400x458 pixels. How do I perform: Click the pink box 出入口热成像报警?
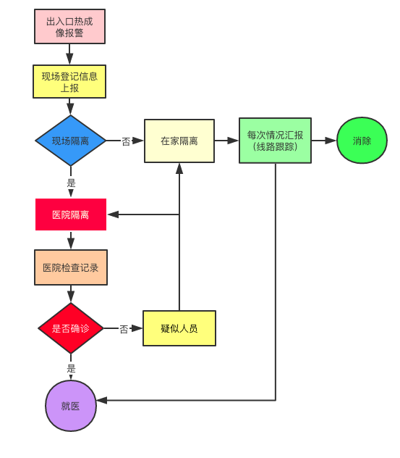69,27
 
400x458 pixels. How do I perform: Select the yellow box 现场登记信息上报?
69,82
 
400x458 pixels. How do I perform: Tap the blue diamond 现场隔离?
71,141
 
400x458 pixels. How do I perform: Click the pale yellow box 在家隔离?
179,141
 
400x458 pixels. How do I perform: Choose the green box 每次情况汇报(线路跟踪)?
275,141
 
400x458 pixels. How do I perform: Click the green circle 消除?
362,141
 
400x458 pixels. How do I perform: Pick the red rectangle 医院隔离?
71,215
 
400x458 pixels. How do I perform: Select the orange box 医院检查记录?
71,267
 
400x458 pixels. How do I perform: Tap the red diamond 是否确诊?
71,328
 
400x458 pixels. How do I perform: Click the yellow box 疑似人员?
179,328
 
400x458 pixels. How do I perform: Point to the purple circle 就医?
71,406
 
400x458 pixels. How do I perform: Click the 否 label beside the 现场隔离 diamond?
126,141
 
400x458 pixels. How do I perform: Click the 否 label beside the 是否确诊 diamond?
124,329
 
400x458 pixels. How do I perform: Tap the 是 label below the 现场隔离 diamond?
71,183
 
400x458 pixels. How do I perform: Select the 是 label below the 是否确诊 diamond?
71,368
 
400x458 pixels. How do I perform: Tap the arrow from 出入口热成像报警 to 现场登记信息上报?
70,54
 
